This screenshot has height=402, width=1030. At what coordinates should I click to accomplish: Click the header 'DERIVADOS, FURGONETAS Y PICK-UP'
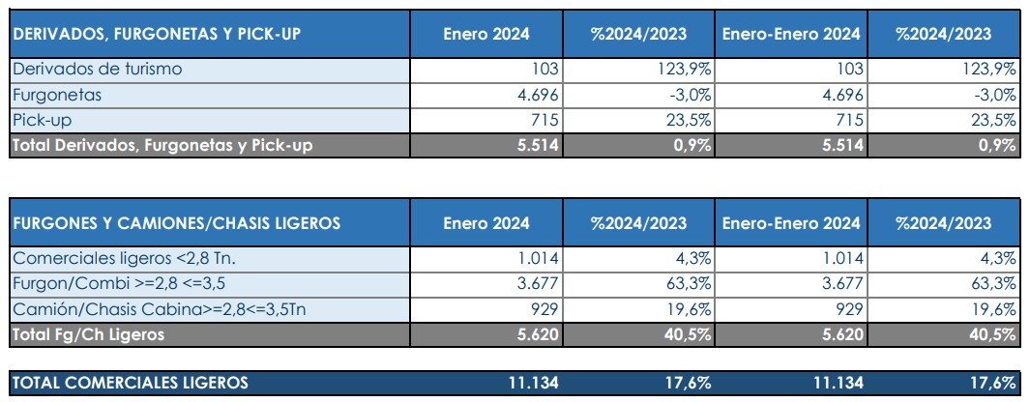[x=156, y=34]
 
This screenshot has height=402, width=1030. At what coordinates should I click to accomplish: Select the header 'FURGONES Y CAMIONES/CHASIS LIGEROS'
[x=176, y=223]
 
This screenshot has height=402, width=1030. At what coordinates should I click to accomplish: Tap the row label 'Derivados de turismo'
[x=97, y=69]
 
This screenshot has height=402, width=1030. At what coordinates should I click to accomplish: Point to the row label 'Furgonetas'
[x=57, y=95]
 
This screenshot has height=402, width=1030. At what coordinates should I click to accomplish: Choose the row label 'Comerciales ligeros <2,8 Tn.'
[x=125, y=258]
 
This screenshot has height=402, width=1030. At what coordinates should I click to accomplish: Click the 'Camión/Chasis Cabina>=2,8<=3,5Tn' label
[x=160, y=308]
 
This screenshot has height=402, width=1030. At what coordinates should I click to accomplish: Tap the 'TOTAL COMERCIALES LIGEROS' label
[x=130, y=383]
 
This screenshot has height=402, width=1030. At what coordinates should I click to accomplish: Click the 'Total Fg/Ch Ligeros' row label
[x=88, y=334]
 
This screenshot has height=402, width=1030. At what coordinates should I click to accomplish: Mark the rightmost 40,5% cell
[x=990, y=334]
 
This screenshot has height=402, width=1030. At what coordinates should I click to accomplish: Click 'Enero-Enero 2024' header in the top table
[x=790, y=34]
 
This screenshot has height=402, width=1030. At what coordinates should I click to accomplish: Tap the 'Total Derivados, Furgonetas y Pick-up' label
[x=162, y=145]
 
